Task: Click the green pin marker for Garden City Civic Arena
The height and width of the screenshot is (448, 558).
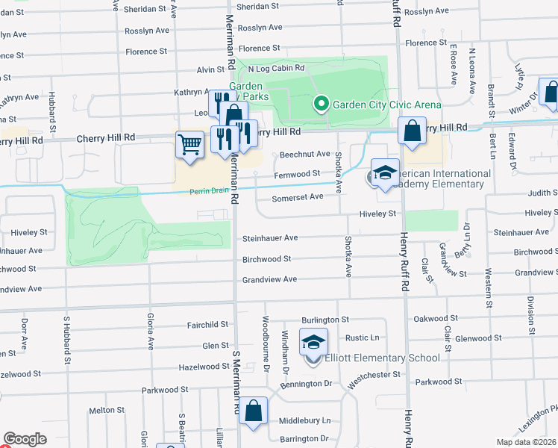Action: (322, 104)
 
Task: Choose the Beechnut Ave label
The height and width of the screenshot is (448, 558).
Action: (304, 154)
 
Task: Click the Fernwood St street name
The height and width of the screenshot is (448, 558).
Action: (297, 174)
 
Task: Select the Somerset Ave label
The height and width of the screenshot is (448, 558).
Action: (297, 196)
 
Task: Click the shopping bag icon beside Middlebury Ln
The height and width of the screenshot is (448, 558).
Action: (253, 411)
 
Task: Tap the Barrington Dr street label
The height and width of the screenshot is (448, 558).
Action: (304, 439)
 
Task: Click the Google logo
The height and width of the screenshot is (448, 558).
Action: (25, 439)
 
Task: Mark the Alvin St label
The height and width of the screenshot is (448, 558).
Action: (210, 69)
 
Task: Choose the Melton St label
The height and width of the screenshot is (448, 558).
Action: (107, 410)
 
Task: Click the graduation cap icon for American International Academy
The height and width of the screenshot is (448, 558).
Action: (385, 172)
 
